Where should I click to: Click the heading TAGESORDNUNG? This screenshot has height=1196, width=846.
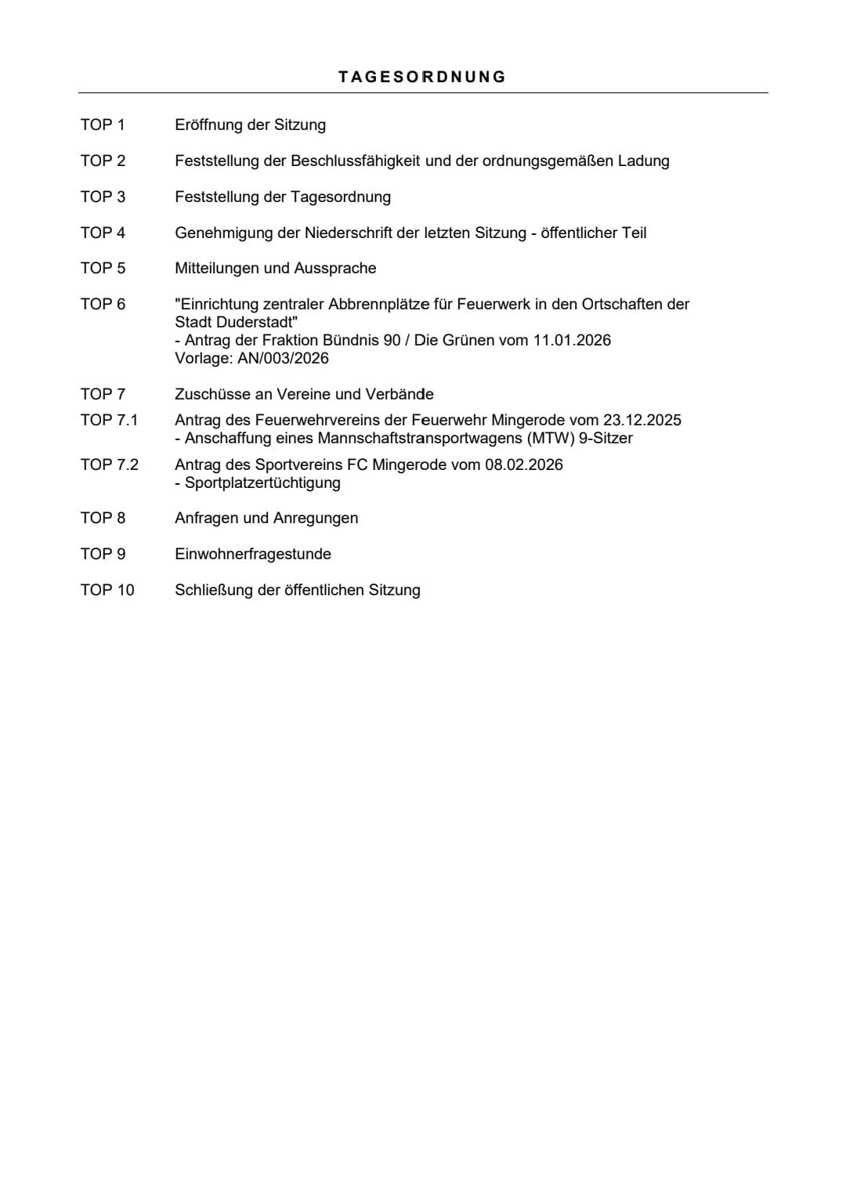pos(422,77)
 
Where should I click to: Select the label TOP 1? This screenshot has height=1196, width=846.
pos(103,125)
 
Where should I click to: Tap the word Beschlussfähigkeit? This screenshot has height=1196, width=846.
pos(356,161)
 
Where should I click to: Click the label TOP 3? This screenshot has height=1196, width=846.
pos(103,197)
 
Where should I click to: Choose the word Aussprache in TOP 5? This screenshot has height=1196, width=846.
pos(335,268)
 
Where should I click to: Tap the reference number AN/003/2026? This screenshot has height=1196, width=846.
pos(284,358)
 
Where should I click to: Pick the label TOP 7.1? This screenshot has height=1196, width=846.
pos(109,420)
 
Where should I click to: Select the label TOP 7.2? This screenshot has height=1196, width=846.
pos(109,464)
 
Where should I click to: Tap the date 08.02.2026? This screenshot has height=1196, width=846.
pos(523,464)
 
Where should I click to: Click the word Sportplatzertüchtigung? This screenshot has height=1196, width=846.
pos(262,482)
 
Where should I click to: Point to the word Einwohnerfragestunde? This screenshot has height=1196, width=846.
pos(253,554)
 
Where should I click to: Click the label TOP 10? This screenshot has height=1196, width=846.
pos(107,590)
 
